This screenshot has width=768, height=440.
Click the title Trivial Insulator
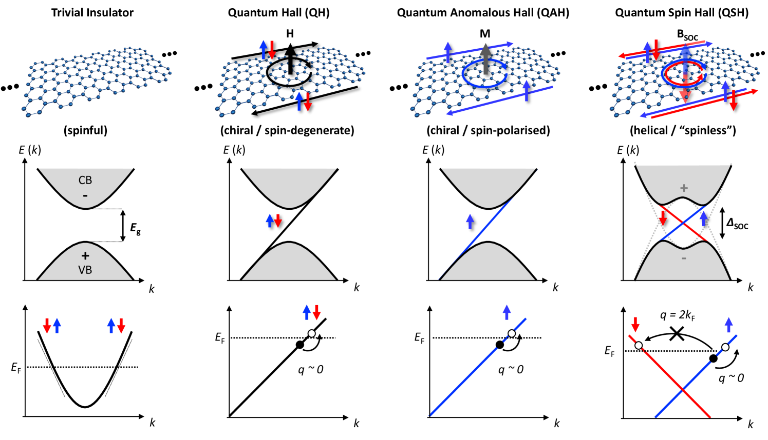pyautogui.click(x=92, y=13)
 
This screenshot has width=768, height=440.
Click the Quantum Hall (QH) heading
pyautogui.click(x=279, y=13)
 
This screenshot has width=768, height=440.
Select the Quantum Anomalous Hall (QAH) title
pyautogui.click(x=483, y=13)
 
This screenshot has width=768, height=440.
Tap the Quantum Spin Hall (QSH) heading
pyautogui.click(x=682, y=13)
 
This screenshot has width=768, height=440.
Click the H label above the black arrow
pyautogui.click(x=290, y=34)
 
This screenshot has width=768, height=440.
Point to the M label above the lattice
pyautogui.click(x=485, y=34)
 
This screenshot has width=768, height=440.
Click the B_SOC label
pyautogui.click(x=687, y=35)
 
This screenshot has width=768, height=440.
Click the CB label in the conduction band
pyautogui.click(x=85, y=180)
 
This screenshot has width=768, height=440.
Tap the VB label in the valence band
pyautogui.click(x=85, y=270)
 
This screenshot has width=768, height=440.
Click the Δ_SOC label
pyautogui.click(x=737, y=224)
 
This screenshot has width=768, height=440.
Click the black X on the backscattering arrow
pyautogui.click(x=677, y=334)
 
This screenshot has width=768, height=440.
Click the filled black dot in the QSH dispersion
pyautogui.click(x=713, y=358)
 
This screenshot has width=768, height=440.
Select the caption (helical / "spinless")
pyautogui.click(x=683, y=131)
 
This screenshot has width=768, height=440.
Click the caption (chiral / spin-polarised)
pyautogui.click(x=488, y=131)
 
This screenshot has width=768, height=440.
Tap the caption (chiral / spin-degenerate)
pyautogui.click(x=287, y=131)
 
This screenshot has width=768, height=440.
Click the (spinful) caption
pyautogui.click(x=85, y=131)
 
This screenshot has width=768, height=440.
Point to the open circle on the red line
pyautogui.click(x=639, y=345)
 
